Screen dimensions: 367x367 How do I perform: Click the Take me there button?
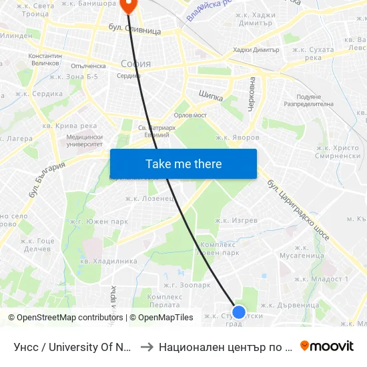point(183,164)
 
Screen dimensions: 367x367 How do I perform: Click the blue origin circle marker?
point(238,312)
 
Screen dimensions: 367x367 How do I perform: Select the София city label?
point(135,64)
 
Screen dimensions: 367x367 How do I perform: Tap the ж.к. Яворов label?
point(237,137)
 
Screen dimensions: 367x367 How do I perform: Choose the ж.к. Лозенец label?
point(150,198)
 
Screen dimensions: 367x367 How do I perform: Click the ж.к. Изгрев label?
point(236,220)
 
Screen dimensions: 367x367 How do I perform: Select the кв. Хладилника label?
point(109,261)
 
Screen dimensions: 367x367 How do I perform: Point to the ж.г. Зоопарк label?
point(188,285)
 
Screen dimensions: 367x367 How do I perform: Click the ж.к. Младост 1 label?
point(322,279)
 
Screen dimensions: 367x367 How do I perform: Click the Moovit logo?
point(327,346)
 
